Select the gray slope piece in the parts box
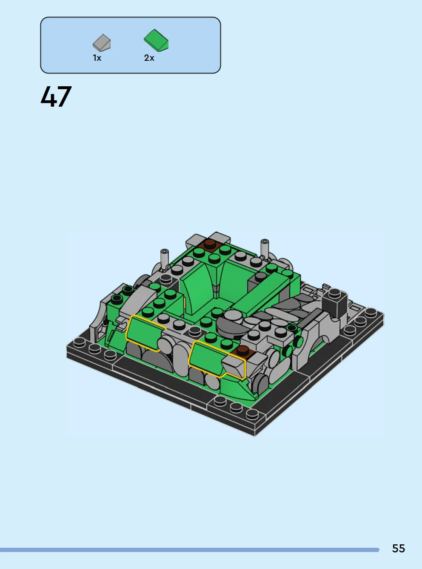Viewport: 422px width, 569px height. click(102, 42)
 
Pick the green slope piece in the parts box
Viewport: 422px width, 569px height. click(156, 40)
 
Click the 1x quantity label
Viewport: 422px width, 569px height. click(97, 58)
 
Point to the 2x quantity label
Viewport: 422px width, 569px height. click(149, 58)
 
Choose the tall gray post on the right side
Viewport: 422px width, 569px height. click(265, 248)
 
